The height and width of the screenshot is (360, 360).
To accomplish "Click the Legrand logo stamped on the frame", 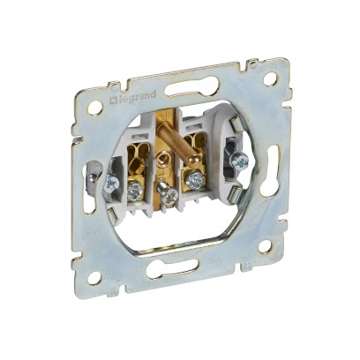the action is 132,97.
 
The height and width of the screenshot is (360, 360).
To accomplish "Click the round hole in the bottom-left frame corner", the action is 94,277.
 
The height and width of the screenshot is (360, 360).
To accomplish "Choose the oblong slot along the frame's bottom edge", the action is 170,266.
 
